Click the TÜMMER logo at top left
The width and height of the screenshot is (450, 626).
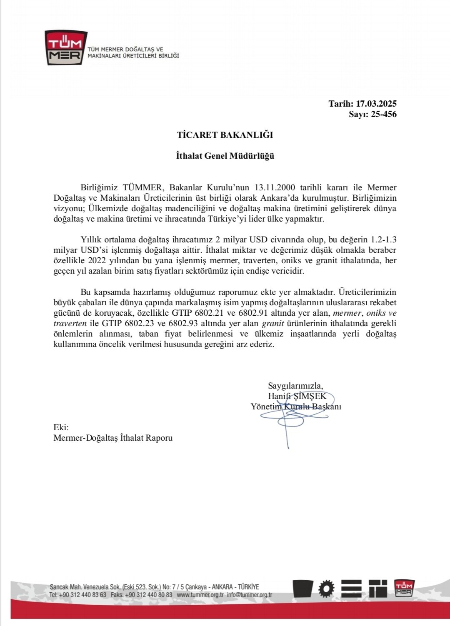66,48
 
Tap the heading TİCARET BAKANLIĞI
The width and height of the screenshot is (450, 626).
225,135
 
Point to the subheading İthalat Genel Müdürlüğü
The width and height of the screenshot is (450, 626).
225,156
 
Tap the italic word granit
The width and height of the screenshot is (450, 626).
272,323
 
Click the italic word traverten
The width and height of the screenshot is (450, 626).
70,323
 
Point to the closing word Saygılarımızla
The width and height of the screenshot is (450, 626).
295,385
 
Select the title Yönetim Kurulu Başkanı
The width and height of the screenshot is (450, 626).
296,406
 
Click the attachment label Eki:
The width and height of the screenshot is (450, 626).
61,427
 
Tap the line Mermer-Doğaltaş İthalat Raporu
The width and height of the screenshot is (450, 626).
113,438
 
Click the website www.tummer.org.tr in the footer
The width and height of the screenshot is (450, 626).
200,595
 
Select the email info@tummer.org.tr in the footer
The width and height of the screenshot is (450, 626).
249,595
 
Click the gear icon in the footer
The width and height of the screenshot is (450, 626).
326,589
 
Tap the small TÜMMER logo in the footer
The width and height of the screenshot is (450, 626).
404,588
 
